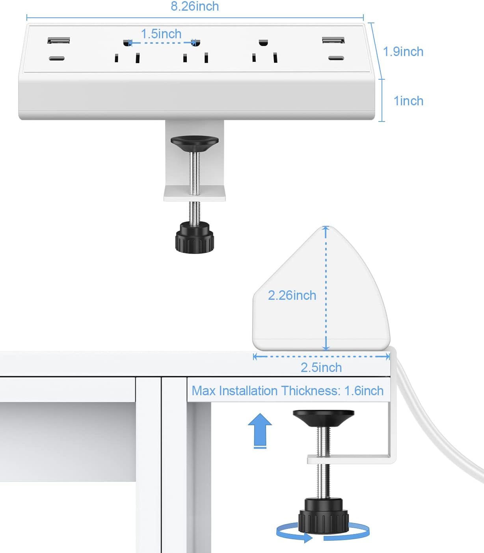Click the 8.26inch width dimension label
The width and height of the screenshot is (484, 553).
pos(195,6)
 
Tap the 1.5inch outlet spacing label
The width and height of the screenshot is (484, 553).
pos(161,34)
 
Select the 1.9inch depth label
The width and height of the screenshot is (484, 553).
pos(403,52)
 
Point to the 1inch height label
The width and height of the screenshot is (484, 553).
pos(408,101)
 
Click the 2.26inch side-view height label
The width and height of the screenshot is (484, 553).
pos(292,295)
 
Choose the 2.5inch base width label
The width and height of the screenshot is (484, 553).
pos(321,368)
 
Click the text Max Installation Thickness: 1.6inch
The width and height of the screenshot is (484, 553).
pos(288,391)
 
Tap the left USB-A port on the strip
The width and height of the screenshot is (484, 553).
pos(59,41)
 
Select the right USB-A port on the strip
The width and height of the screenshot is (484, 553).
pos(333,40)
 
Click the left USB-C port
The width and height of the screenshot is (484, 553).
pos(57,59)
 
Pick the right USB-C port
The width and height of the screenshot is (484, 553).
pos(336,58)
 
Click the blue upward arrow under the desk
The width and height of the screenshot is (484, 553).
pos(260,430)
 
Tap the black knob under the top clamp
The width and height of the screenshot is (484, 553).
pos(194,238)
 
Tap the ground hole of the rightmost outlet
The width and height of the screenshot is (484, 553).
pos(263,42)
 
